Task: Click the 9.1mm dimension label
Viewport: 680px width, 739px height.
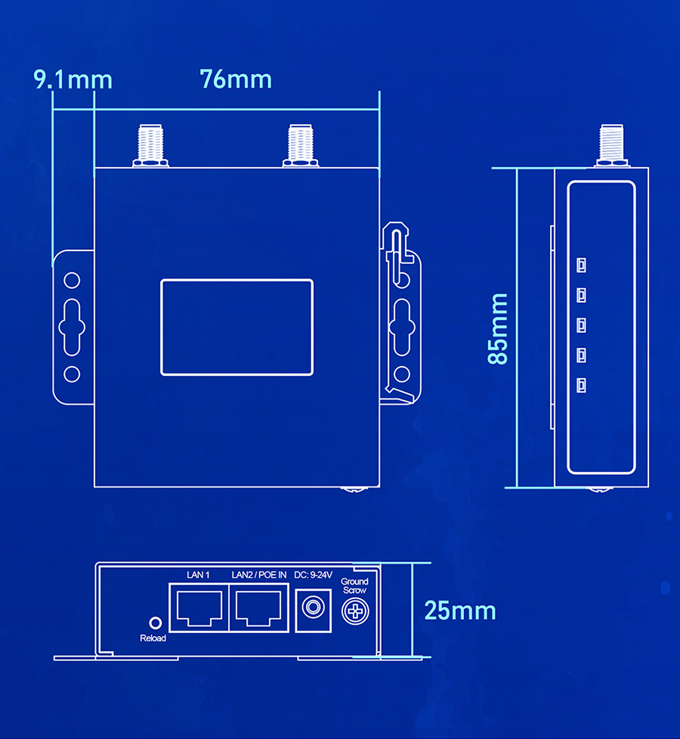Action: [73, 79]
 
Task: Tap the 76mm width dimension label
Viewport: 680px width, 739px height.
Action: [236, 79]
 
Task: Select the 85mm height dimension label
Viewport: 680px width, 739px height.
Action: [498, 329]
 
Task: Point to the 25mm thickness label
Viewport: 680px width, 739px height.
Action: [460, 611]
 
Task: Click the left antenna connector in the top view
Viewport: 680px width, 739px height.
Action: [150, 146]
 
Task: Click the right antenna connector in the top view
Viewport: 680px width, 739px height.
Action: [301, 146]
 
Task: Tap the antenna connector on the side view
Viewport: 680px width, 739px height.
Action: [612, 146]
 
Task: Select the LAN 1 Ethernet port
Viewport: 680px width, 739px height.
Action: [199, 608]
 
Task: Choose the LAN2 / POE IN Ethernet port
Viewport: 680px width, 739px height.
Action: [258, 608]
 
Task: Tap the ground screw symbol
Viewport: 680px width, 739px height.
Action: [355, 611]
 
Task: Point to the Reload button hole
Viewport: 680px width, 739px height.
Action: [156, 623]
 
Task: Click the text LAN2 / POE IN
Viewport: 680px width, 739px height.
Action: [259, 575]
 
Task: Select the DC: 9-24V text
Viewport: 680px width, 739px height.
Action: [313, 575]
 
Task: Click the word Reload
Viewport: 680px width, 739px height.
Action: [153, 638]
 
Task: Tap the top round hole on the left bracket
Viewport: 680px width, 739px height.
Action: [72, 281]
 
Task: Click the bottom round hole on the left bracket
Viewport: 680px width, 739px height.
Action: [72, 374]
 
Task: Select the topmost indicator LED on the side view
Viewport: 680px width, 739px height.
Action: [582, 265]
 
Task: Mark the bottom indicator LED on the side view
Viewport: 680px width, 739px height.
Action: [582, 385]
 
